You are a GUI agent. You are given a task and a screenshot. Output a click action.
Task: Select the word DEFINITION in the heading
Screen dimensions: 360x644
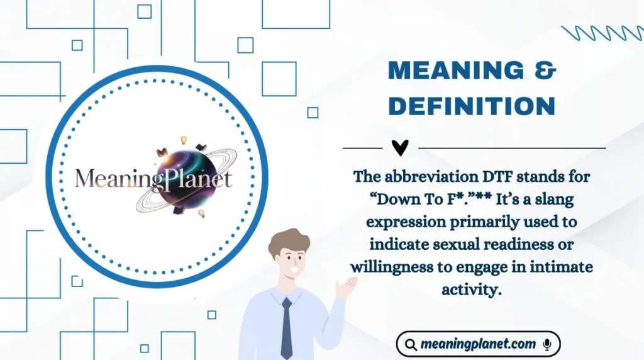tap(472, 106)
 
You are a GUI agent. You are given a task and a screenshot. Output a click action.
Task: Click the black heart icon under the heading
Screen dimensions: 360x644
tap(400, 148)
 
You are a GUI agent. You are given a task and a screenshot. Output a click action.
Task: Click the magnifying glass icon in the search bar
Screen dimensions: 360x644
tap(411, 344)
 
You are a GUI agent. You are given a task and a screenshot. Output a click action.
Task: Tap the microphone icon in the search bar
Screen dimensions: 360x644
tap(547, 344)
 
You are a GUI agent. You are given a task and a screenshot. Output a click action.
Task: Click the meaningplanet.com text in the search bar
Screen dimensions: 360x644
tap(479, 344)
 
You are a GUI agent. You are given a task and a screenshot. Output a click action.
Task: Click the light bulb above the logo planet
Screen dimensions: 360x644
tap(184, 139)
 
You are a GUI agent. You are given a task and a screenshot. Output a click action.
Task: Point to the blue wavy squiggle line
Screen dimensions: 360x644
tap(602, 33)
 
